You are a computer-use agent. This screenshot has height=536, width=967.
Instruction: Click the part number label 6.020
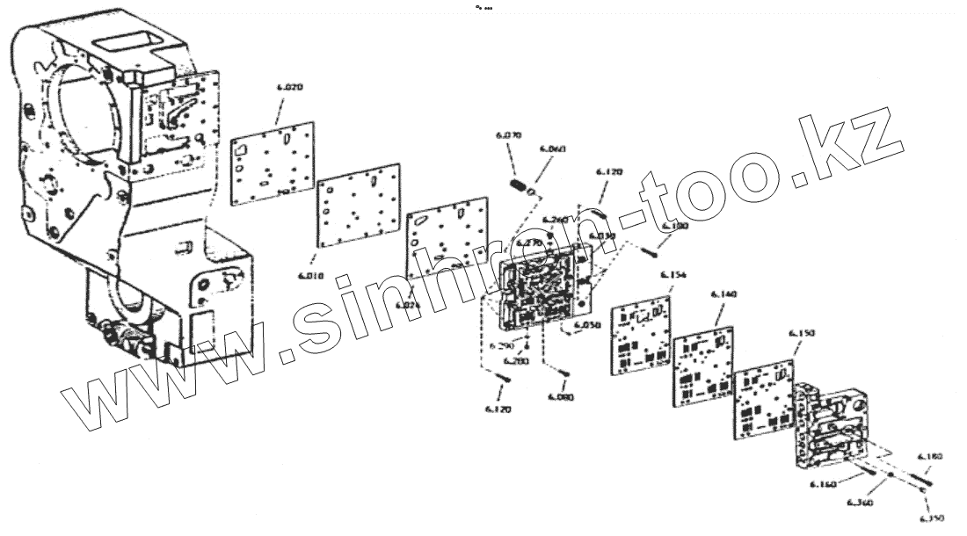tap(289, 88)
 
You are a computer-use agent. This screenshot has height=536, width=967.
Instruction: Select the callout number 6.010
tap(311, 276)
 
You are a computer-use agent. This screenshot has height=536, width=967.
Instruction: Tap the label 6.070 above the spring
tap(508, 135)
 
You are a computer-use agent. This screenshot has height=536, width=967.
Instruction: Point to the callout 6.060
tap(551, 149)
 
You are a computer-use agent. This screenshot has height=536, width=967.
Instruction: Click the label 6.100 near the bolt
tap(675, 227)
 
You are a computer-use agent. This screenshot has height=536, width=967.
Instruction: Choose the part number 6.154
tap(673, 275)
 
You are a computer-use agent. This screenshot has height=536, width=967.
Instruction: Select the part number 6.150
tap(801, 333)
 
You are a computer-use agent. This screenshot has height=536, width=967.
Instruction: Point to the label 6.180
tap(929, 457)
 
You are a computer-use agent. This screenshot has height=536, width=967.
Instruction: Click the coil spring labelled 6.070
tap(520, 186)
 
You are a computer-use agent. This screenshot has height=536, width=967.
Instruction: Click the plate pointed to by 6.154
tap(641, 336)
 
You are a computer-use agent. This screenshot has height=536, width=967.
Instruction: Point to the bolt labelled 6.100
tap(651, 250)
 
